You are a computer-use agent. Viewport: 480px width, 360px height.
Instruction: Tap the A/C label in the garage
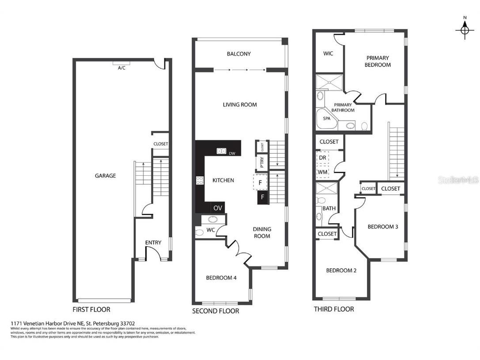[121, 68]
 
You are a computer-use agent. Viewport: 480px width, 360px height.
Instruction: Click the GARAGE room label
[106, 176]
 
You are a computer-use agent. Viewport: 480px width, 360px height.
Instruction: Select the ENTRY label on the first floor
[153, 243]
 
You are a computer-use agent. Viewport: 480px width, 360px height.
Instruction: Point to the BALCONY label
[238, 54]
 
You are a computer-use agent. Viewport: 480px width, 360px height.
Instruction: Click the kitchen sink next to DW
[221, 151]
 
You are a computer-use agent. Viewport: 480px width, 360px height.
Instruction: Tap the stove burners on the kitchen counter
[200, 180]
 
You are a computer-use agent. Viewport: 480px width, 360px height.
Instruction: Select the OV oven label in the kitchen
[218, 208]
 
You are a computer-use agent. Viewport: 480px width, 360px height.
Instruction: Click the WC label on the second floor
[210, 230]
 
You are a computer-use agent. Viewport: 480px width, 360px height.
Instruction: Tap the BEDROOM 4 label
[221, 278]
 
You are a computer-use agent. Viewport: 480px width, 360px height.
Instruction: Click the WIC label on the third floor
[328, 53]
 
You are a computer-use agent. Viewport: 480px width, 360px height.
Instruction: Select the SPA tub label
[327, 118]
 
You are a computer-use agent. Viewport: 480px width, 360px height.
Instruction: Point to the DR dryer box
[323, 158]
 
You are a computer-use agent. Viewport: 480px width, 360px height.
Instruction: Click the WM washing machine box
[323, 171]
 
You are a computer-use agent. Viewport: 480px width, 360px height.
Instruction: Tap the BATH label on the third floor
[329, 208]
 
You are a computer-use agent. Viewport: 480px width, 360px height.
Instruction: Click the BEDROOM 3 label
[383, 227]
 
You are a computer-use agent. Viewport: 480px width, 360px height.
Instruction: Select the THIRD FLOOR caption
[334, 309]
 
